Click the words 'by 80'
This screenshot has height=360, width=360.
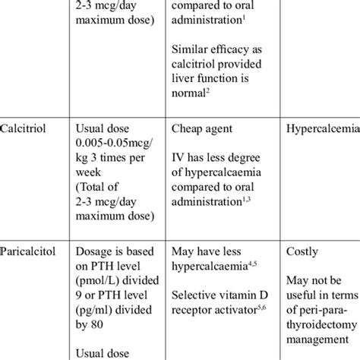tap(95, 330)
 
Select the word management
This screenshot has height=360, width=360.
tap(320, 330)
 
